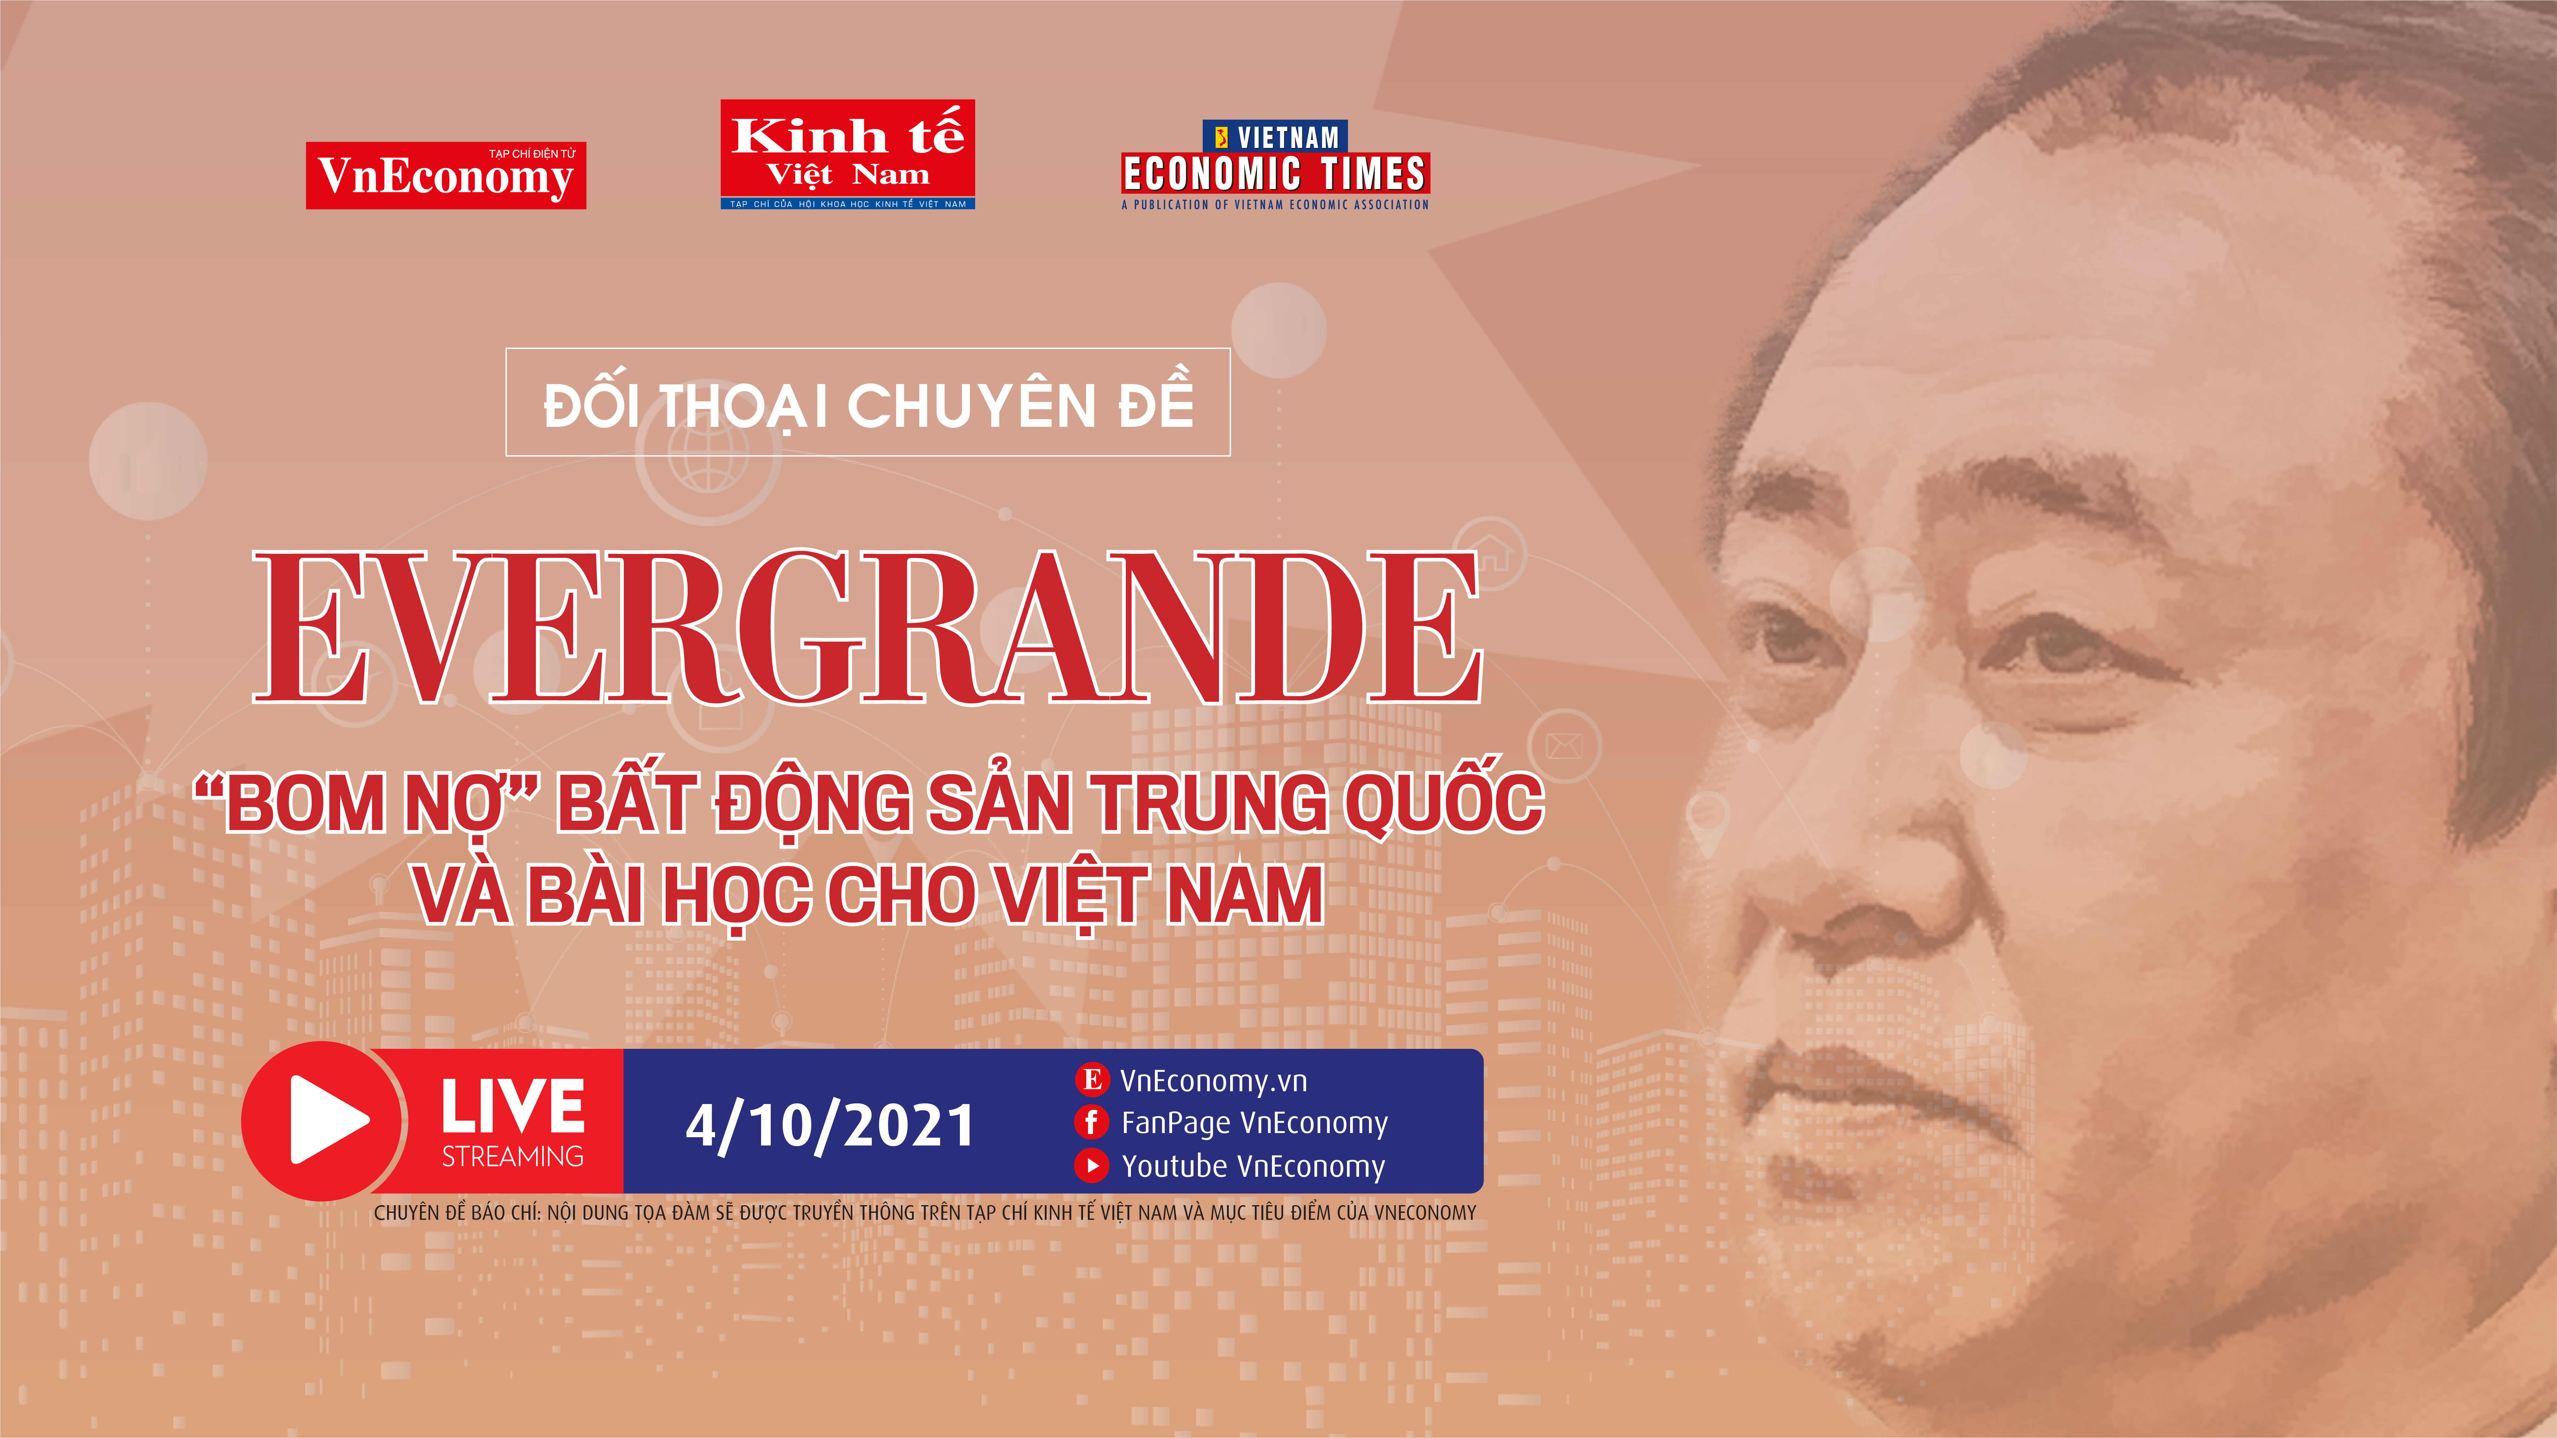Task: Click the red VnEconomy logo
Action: pos(446,176)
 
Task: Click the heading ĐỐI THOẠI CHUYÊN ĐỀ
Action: pos(869,404)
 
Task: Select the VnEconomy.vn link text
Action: pos(1213,1081)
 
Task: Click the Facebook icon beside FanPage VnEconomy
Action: pos(1092,1123)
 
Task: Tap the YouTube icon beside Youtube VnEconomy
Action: pos(1092,1166)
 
